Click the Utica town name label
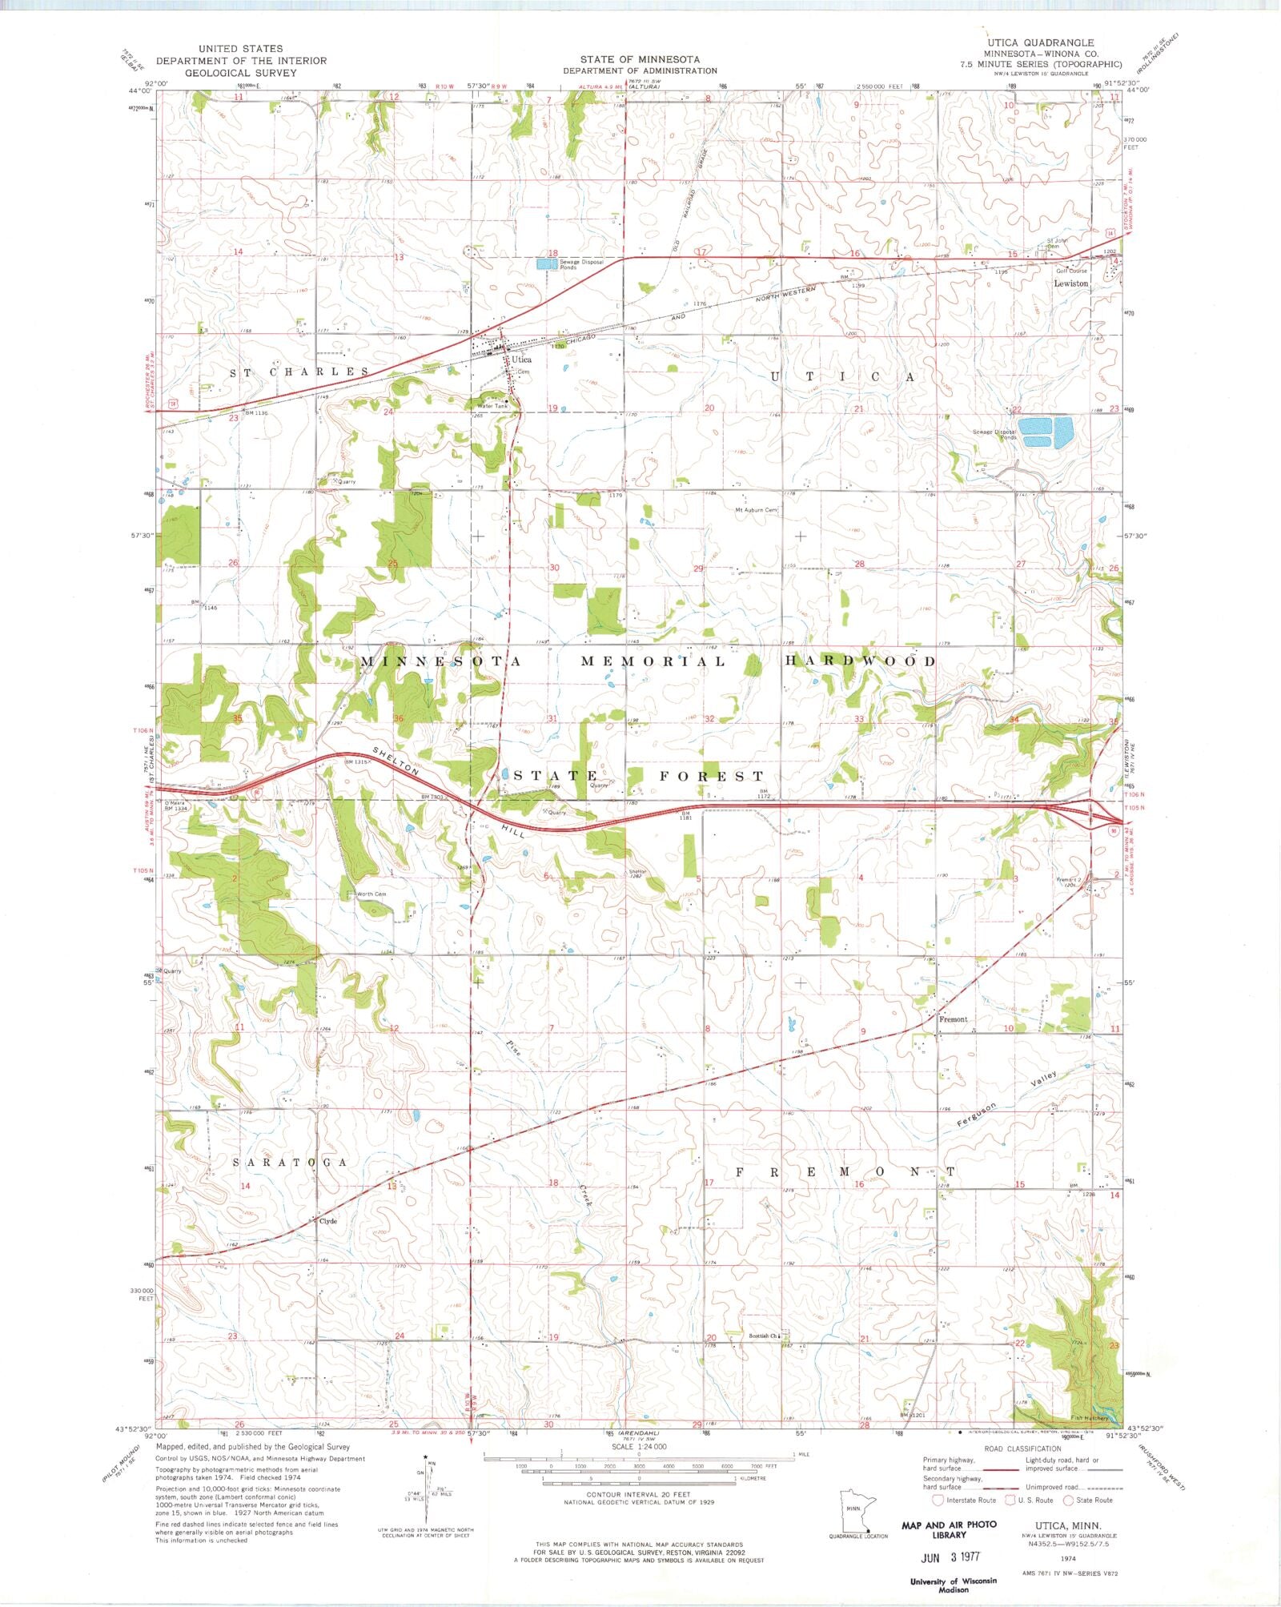coord(522,360)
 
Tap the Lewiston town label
coord(1070,283)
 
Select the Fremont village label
coord(954,1019)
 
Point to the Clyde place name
coord(328,1221)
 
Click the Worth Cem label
coord(371,894)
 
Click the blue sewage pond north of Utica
coord(545,263)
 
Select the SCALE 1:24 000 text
coord(639,1447)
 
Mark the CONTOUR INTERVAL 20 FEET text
coord(639,1495)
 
